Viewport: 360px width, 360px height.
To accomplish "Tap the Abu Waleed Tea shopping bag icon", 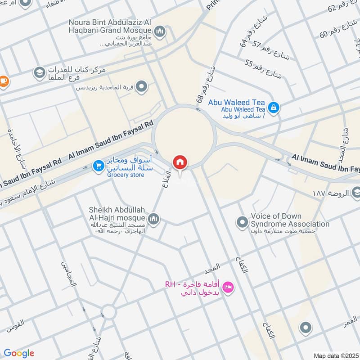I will click(273, 108).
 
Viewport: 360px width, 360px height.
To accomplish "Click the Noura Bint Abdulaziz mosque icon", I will click(159, 31).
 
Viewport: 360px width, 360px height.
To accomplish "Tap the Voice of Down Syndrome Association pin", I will click(243, 222).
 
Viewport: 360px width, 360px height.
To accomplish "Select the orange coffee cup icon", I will click(4, 81).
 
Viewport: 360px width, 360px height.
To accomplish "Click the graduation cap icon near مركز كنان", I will click(39, 72).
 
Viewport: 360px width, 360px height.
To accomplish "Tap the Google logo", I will click(18, 353).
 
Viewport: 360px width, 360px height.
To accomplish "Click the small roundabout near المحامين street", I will click(108, 311).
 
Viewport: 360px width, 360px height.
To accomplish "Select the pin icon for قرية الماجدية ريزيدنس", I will click(142, 85).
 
